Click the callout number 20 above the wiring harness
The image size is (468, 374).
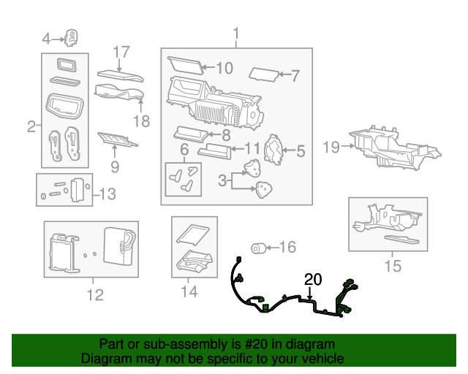[x=313, y=279]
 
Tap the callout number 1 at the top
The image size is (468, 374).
[x=235, y=34]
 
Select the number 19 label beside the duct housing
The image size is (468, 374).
[x=331, y=148]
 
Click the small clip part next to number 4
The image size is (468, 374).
[x=72, y=37]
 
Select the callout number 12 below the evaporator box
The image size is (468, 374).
[x=94, y=294]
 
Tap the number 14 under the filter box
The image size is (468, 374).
[x=189, y=292]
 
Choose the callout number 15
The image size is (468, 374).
[x=393, y=267]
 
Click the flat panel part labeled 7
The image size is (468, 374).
[x=264, y=74]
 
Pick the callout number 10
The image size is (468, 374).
[x=224, y=68]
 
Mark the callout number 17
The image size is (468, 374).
[x=121, y=52]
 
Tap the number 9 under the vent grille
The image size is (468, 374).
[x=115, y=167]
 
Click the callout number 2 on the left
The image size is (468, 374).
[x=31, y=126]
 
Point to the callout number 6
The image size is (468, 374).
[x=184, y=150]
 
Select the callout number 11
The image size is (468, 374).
[x=252, y=148]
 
